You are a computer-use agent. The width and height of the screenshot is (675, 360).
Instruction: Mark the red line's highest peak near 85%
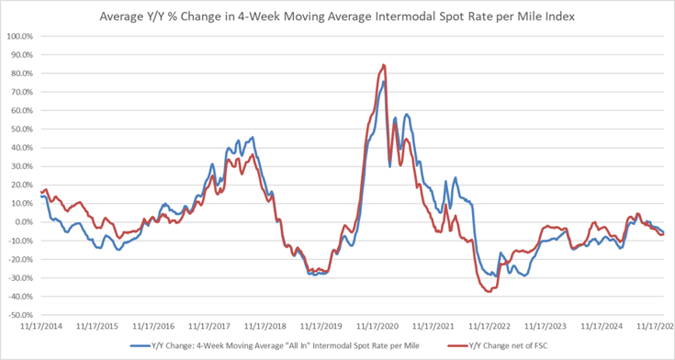[x=383, y=64]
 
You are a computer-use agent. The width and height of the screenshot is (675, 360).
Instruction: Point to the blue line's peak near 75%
[x=384, y=81]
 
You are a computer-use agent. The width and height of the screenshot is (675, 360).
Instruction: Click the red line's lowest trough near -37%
[x=489, y=291]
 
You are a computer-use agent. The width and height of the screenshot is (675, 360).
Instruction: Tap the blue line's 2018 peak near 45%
[x=253, y=138]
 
